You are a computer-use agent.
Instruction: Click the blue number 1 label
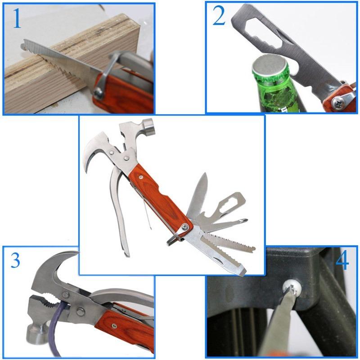click(16, 19)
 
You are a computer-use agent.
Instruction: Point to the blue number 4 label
click(342, 261)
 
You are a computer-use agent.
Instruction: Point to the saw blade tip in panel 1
click(23, 45)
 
